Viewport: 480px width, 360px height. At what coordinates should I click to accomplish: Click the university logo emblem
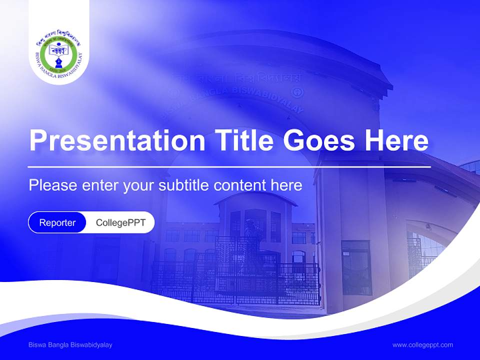pyautogui.click(x=59, y=54)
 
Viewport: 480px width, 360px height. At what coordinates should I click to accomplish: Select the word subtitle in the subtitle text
pyautogui.click(x=184, y=185)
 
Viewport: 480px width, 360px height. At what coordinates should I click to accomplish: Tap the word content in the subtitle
pyautogui.click(x=240, y=185)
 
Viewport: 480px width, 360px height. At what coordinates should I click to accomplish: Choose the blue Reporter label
pyautogui.click(x=57, y=222)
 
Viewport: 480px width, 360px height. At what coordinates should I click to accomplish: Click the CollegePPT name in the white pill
pyautogui.click(x=120, y=222)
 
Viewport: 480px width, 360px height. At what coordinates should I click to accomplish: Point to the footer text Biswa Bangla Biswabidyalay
pyautogui.click(x=70, y=344)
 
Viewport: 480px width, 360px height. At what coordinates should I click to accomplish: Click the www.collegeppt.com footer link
pyautogui.click(x=422, y=344)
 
